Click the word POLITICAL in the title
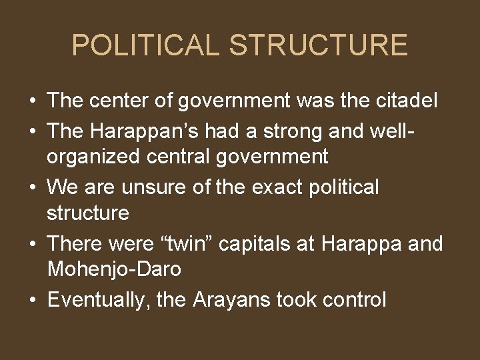coord(145,45)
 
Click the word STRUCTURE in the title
coord(318,45)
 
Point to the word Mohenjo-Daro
coord(114,270)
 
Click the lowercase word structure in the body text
coord(88,213)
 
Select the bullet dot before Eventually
coord(32,301)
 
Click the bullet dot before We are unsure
coord(32,188)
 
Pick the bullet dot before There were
coord(32,244)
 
